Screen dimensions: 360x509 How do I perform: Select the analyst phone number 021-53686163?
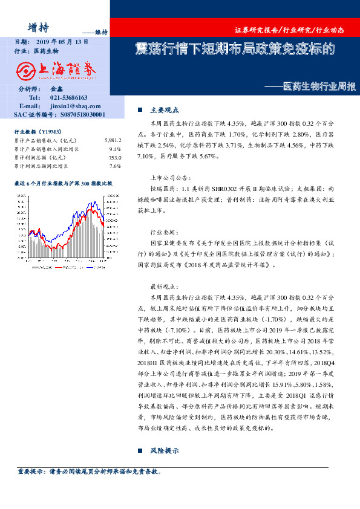[68, 97]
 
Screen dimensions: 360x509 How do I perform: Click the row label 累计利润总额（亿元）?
[39, 157]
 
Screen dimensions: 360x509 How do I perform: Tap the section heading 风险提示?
[165, 451]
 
